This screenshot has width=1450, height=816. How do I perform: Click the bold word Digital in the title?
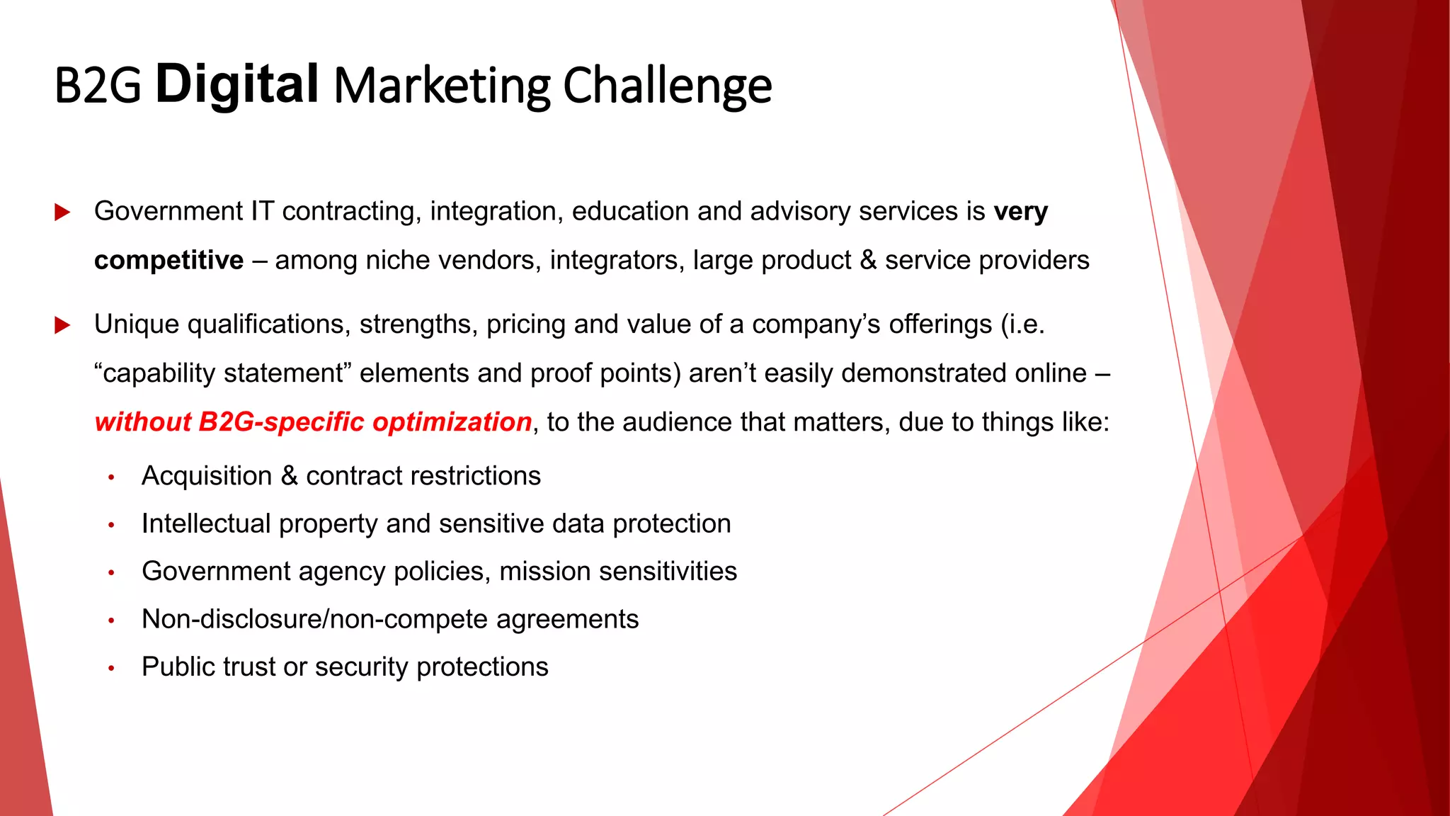click(x=236, y=84)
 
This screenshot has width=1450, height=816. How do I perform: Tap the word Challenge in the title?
click(x=667, y=86)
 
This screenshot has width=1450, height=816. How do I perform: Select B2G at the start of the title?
click(x=98, y=86)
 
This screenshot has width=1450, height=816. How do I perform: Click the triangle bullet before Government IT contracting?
click(x=62, y=212)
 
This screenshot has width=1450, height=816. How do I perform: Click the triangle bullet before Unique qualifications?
click(x=62, y=325)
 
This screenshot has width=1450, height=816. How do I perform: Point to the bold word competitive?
click(x=169, y=261)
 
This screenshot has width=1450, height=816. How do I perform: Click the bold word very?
click(x=1020, y=212)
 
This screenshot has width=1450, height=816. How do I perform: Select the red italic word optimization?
click(x=452, y=422)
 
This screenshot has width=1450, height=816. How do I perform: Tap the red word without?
click(x=142, y=422)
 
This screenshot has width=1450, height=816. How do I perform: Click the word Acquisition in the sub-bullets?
click(x=206, y=476)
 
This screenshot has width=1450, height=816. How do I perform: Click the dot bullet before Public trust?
click(x=111, y=668)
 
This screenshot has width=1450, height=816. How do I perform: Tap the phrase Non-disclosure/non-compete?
click(x=315, y=619)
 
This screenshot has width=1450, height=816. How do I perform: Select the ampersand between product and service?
click(x=868, y=261)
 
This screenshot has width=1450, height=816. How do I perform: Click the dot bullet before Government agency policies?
click(x=111, y=572)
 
